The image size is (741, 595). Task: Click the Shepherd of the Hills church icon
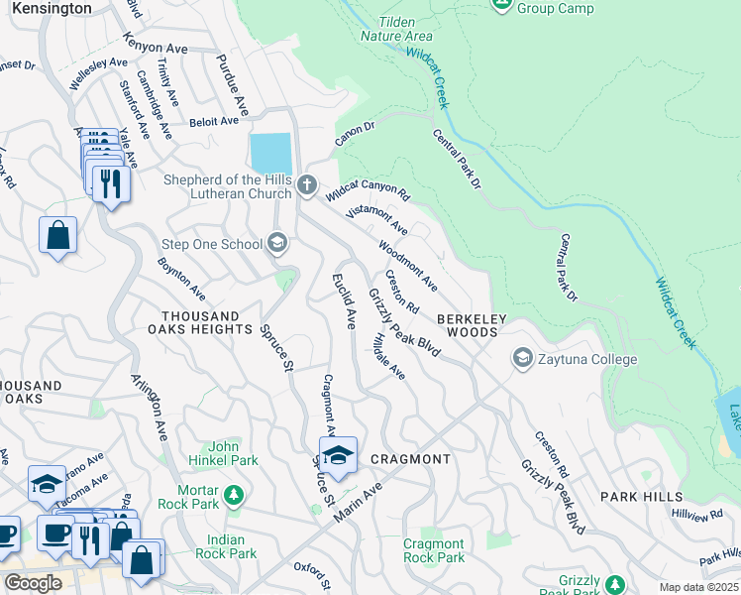(x=307, y=184)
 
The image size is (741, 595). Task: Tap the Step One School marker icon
(x=277, y=244)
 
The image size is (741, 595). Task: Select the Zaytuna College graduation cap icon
(x=522, y=358)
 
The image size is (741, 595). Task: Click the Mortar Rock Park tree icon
(x=233, y=494)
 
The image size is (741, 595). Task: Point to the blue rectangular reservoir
(x=271, y=153)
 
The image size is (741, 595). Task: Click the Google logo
(x=33, y=582)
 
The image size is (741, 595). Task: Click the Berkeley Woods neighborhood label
(x=473, y=325)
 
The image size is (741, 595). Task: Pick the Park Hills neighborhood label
(x=641, y=496)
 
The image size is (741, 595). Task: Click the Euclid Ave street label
(x=344, y=301)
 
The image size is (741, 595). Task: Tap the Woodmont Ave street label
(x=408, y=266)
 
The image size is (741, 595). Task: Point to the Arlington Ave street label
(x=150, y=408)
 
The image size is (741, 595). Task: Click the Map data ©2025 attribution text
(x=698, y=587)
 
